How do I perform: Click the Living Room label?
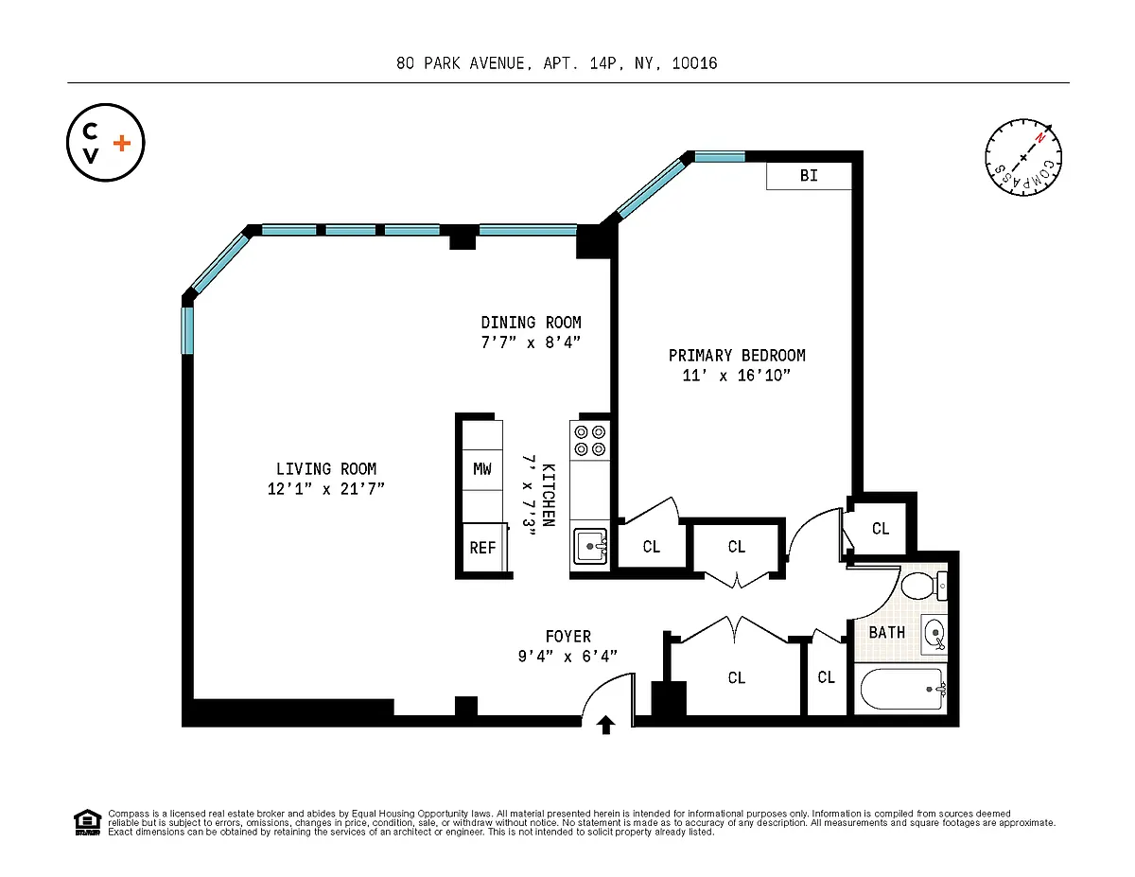coord(326,468)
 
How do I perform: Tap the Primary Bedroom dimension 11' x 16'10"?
coord(737,375)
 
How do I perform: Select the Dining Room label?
coord(531,323)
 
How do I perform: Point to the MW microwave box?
coord(482,469)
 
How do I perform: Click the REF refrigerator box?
coord(484,548)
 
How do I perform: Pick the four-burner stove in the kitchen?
coord(589,440)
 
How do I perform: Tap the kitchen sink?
coord(590,547)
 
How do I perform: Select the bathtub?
coord(903,689)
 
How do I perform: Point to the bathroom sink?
coord(934,634)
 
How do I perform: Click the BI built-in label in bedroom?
coord(809,176)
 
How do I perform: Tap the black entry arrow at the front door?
coord(606,725)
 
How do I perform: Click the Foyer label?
coord(568,636)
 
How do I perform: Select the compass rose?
coord(1023,157)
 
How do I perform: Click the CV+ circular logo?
coord(106,143)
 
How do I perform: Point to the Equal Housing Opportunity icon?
coord(87,823)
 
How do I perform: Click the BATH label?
coord(887,633)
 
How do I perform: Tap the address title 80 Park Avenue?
coord(556,63)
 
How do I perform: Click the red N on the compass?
coord(1039,138)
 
